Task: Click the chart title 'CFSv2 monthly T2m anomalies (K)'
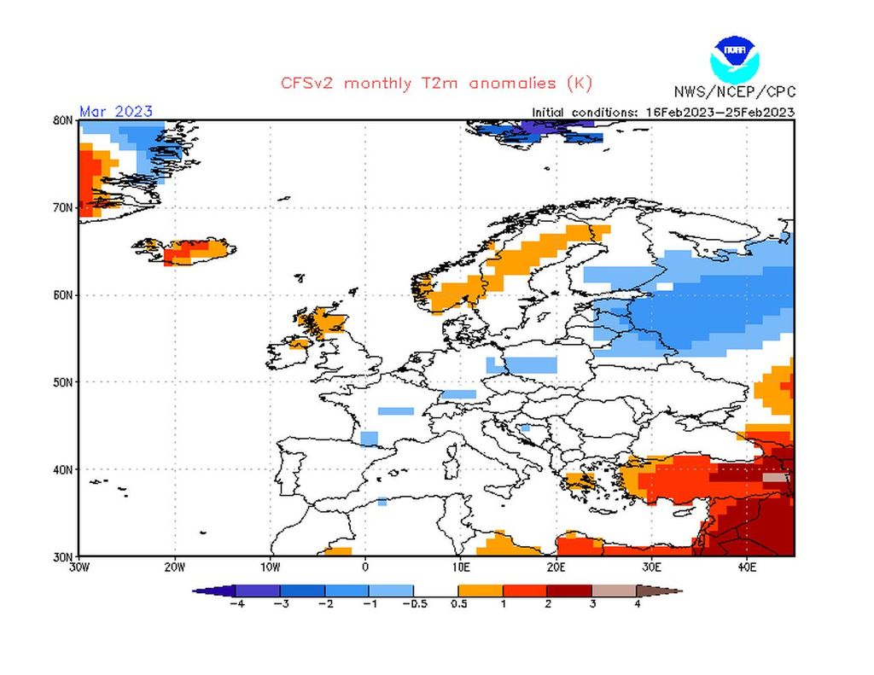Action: [436, 84]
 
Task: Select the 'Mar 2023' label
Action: [116, 112]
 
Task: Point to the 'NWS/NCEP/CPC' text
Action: [734, 92]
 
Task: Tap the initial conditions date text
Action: [663, 112]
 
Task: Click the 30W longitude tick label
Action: [79, 566]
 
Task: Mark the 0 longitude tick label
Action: [365, 566]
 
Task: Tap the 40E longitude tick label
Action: [747, 566]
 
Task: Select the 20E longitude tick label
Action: [556, 566]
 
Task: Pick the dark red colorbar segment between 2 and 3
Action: [569, 591]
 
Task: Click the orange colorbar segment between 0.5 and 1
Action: [481, 591]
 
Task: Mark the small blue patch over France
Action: [395, 410]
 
